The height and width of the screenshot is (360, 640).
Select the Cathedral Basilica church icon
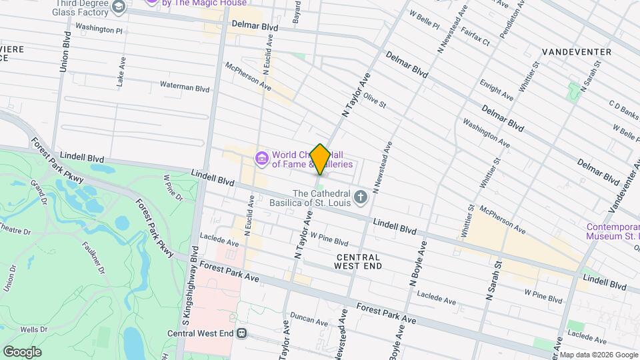tap(361, 196)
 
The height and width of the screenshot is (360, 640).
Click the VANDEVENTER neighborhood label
tap(577, 52)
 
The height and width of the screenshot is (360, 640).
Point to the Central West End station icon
tap(241, 333)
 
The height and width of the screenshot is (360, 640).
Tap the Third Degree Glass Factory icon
tap(119, 7)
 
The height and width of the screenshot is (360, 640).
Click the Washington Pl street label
tap(99, 30)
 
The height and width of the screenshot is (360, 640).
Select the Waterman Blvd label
tap(185, 87)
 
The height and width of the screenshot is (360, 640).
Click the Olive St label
tap(374, 100)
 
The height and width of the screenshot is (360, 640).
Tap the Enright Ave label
tap(496, 91)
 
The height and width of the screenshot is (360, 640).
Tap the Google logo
tap(22, 351)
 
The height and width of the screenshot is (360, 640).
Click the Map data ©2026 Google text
tap(598, 355)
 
